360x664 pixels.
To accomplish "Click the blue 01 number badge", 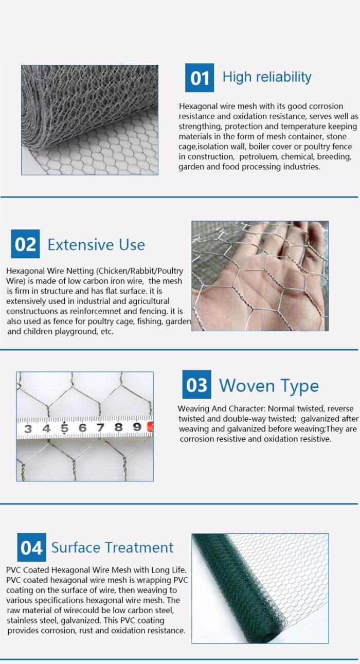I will tap(200, 78).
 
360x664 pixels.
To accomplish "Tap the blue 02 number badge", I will tap(25, 244).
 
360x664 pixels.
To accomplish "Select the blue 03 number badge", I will tap(196, 385).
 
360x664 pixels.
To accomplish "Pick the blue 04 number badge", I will tap(31, 547).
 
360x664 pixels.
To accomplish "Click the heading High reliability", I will tap(267, 77).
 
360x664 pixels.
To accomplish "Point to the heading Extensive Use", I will tap(96, 245).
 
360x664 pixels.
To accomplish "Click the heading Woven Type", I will tap(268, 386).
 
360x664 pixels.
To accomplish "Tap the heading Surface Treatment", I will tap(112, 548).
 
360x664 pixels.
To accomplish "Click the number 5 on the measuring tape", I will tap(64, 428).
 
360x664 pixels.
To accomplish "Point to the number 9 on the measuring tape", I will tap(137, 427).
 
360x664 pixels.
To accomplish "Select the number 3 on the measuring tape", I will tap(28, 428).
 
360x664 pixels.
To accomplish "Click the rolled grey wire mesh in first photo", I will tap(87, 103).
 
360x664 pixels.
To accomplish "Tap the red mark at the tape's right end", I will tap(150, 427).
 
